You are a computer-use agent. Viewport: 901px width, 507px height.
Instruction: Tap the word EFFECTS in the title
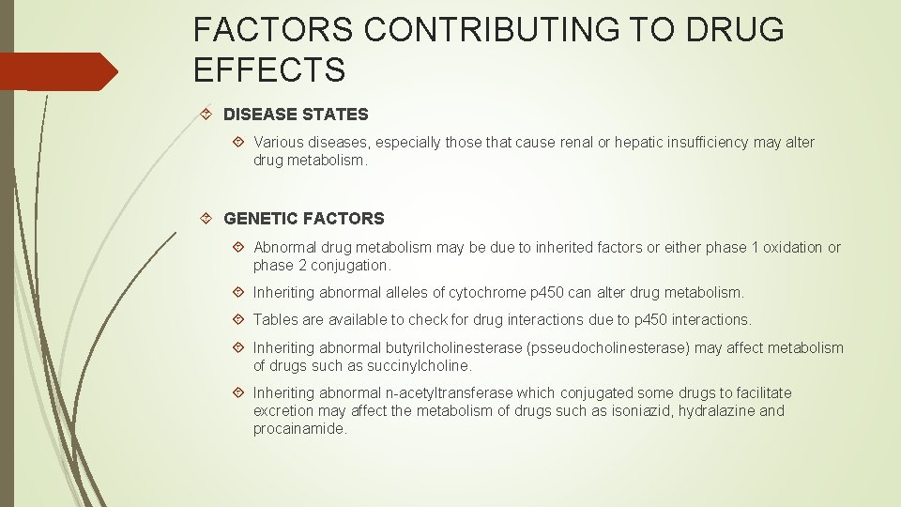pyautogui.click(x=269, y=69)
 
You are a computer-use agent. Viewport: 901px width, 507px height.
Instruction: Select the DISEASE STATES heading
pyautogui.click(x=296, y=115)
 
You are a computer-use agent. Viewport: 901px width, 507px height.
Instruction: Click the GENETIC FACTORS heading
pyautogui.click(x=304, y=219)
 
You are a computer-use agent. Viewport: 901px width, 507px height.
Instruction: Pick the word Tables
pyautogui.click(x=275, y=320)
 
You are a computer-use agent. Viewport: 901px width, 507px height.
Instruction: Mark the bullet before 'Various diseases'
pyautogui.click(x=238, y=143)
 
